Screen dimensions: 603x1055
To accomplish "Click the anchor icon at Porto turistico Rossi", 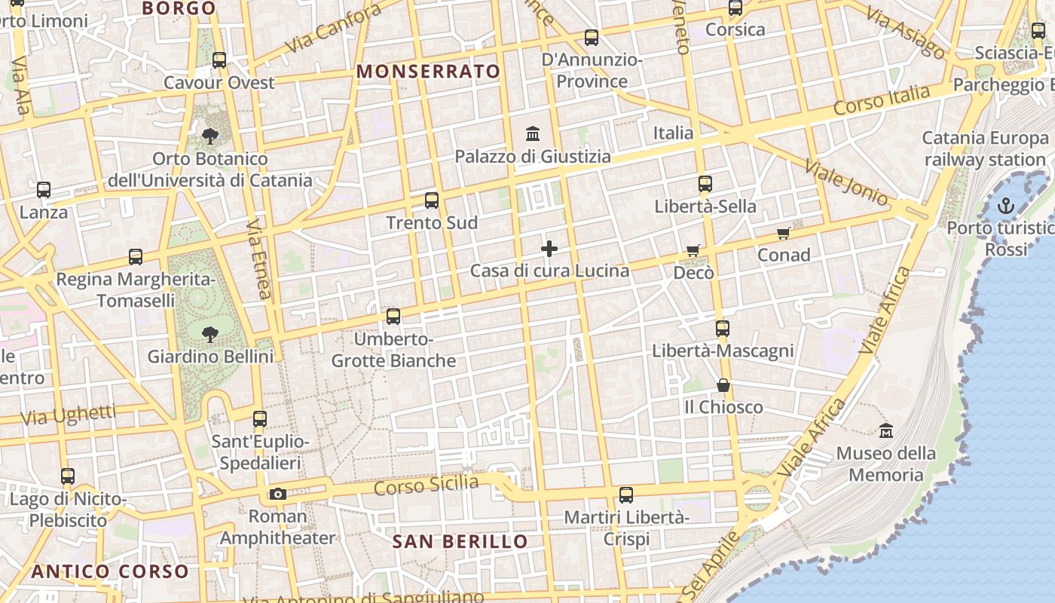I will (1006, 206).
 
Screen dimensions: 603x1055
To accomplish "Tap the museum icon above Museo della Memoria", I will (886, 431).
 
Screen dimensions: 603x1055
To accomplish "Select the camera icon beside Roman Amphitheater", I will (278, 494).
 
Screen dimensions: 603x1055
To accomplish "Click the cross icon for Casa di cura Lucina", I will (549, 249).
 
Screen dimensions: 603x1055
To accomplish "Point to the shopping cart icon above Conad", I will (784, 234).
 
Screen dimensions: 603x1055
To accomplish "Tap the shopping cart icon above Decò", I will (693, 250).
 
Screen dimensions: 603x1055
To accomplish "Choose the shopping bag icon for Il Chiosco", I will (723, 385).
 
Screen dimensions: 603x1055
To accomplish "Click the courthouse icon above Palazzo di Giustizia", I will (533, 134).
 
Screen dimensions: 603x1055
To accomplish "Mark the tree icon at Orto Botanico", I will (210, 136).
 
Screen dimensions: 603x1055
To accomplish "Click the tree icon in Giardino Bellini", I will (210, 333).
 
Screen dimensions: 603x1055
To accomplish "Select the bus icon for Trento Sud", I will (432, 200).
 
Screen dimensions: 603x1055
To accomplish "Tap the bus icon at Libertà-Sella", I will (705, 184).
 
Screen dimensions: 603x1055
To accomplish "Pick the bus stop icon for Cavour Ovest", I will (219, 60).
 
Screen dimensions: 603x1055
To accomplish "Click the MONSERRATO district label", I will (428, 72).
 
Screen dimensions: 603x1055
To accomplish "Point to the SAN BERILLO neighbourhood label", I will (460, 541).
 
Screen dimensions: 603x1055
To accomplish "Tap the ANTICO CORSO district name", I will (110, 571).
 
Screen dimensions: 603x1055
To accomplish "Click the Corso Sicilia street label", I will (426, 485).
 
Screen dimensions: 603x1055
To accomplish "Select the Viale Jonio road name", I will (846, 182).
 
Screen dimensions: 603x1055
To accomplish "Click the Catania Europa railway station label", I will (985, 148).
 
